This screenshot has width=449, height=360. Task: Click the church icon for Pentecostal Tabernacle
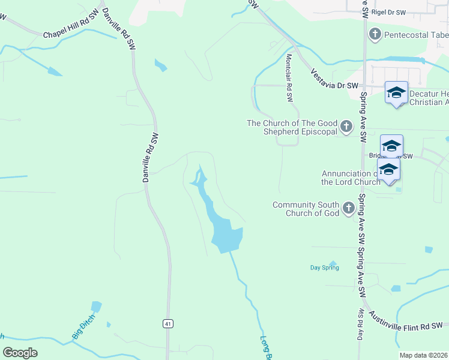[375, 34]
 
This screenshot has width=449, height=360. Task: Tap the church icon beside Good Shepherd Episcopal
[346, 127]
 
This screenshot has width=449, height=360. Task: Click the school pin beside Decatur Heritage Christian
[396, 92]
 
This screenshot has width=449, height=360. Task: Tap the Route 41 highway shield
[168, 323]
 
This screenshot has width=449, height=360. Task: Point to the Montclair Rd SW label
[289, 79]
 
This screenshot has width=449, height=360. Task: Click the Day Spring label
[324, 268]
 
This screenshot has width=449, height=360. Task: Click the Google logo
[20, 353]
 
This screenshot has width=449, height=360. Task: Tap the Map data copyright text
[423, 355]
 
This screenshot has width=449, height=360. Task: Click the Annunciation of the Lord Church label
[350, 178]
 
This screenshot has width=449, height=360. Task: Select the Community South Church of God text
[306, 209]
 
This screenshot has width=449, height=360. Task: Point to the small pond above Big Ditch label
[95, 307]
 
